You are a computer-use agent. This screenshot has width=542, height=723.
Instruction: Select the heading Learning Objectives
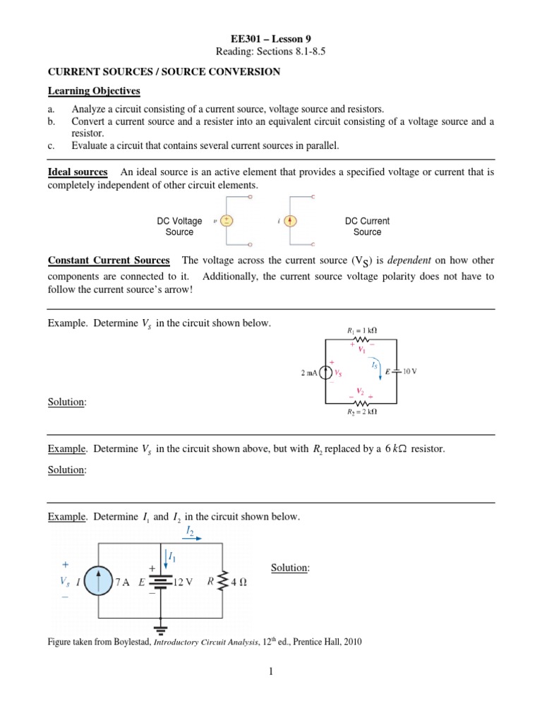(x=94, y=91)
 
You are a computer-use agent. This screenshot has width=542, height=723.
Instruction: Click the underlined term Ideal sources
(x=78, y=172)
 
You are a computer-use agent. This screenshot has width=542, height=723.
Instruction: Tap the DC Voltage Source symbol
(x=227, y=220)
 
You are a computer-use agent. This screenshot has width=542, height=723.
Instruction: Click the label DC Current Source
(x=367, y=226)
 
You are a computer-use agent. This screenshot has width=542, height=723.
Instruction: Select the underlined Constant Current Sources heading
(x=109, y=261)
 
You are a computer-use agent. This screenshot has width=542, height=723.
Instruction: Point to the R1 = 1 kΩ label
(x=362, y=330)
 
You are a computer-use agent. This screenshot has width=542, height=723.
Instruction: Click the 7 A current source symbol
(x=101, y=583)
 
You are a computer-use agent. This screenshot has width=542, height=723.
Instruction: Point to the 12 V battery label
(x=185, y=584)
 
